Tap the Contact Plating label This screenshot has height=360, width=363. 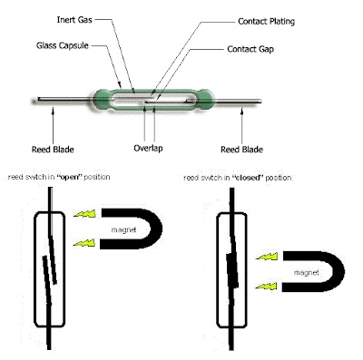pyautogui.click(x=268, y=21)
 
